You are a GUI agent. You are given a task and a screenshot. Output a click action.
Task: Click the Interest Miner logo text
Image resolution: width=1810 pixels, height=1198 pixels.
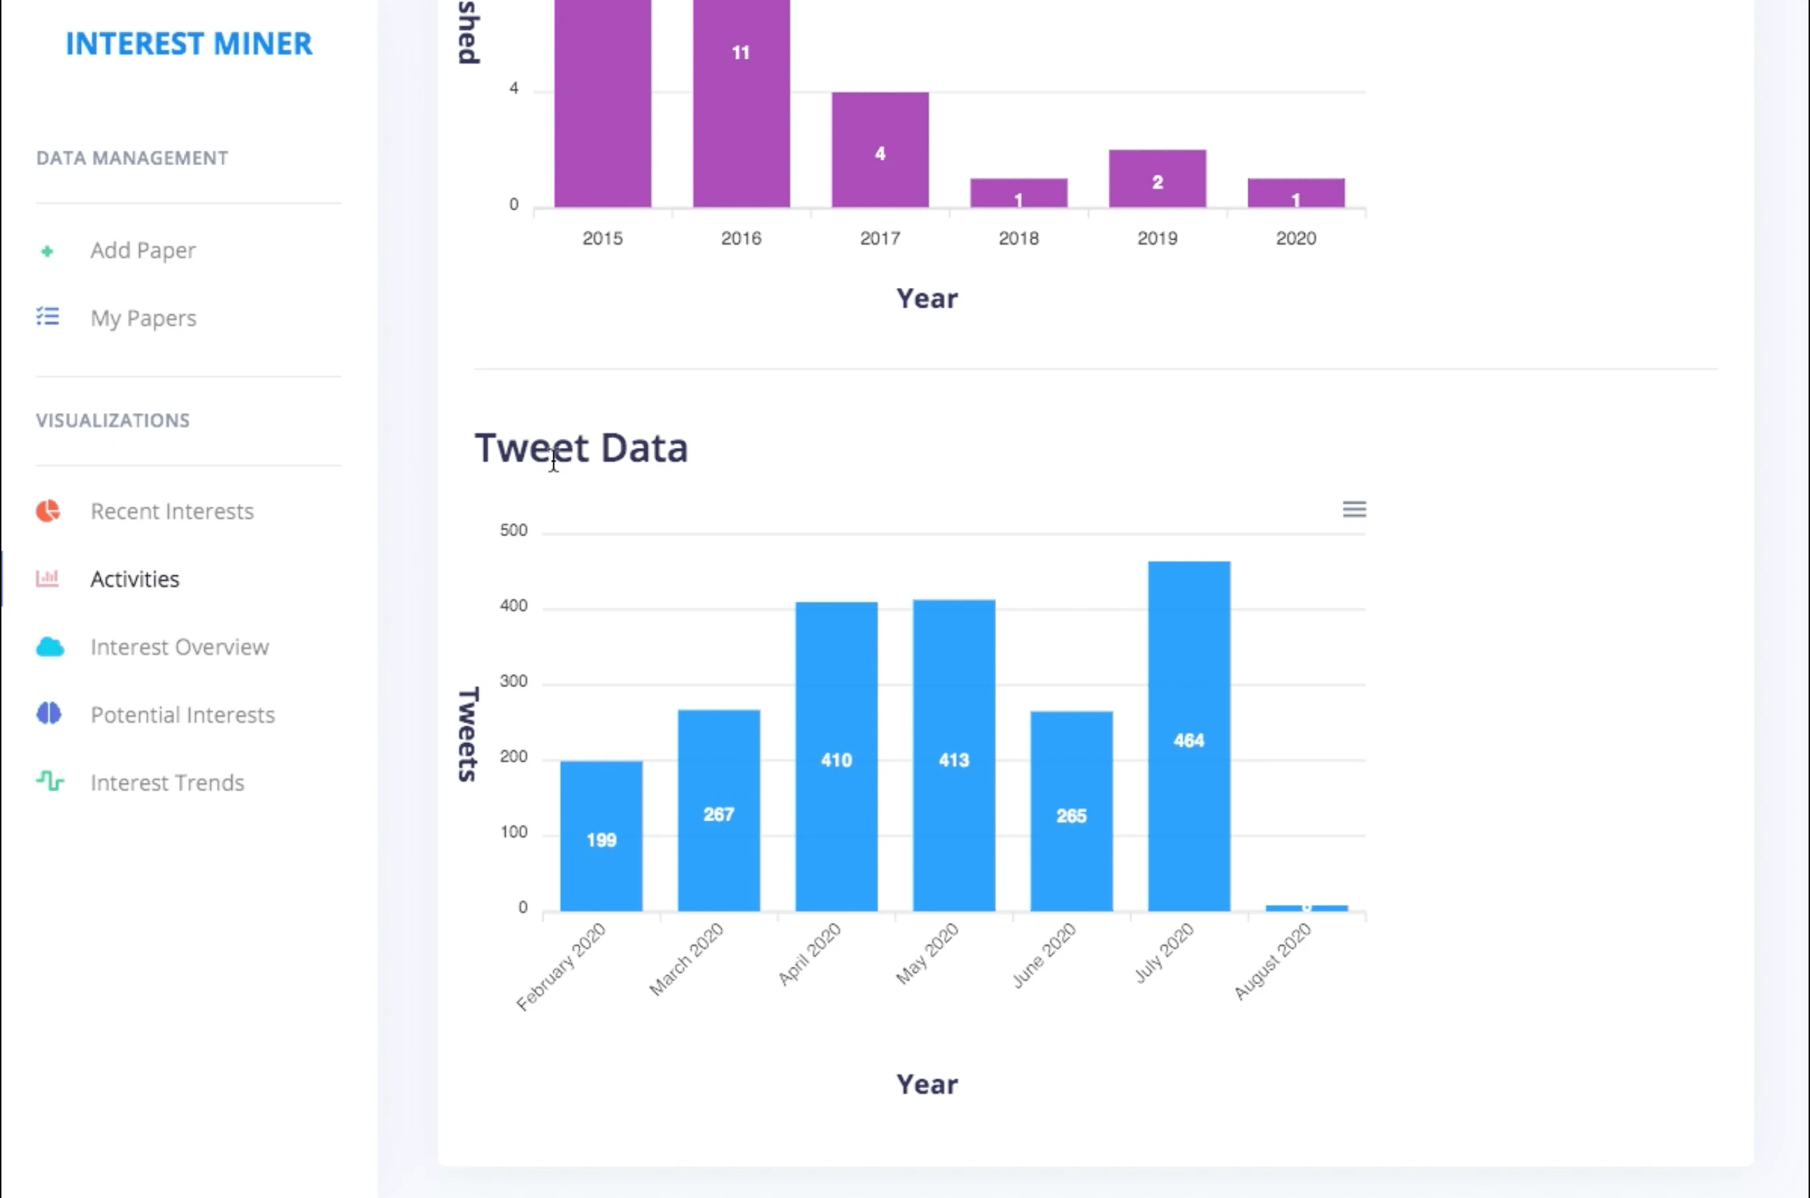click(x=189, y=43)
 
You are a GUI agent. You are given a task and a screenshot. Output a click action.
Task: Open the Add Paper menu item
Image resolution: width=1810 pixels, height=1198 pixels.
click(x=142, y=251)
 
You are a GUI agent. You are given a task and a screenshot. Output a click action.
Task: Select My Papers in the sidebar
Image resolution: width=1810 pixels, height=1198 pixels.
click(x=143, y=318)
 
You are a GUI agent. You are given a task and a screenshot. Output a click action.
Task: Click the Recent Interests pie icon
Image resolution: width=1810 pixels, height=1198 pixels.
click(x=48, y=511)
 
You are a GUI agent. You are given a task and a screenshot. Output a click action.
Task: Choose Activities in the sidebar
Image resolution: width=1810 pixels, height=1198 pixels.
click(x=134, y=579)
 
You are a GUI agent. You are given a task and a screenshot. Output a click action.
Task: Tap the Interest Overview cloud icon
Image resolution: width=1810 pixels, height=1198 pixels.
click(x=50, y=647)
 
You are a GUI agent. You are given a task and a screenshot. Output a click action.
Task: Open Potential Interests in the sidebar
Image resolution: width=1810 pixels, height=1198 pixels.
click(x=182, y=715)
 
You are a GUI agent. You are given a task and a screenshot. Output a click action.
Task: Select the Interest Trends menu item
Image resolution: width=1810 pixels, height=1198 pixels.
click(x=166, y=782)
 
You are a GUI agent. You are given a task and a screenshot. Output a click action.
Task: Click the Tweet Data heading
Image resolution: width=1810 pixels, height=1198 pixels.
click(x=581, y=448)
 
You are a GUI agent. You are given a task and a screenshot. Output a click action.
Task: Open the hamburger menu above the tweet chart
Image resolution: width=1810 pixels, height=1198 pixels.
click(x=1354, y=510)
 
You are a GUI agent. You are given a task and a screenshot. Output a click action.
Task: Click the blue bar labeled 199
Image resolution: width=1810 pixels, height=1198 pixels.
click(x=601, y=837)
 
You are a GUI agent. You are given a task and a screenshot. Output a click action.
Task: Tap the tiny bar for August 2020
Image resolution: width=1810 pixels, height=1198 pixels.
click(x=1306, y=908)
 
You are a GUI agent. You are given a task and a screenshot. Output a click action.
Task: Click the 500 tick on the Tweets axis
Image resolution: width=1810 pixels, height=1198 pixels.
click(x=513, y=531)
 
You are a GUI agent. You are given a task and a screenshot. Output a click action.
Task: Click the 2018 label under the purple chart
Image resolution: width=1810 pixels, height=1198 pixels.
click(x=1018, y=238)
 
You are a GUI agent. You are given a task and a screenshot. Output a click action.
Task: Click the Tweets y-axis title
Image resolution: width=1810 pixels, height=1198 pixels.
click(x=468, y=733)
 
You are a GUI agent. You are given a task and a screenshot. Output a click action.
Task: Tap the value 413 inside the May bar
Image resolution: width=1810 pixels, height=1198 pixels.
click(x=954, y=760)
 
